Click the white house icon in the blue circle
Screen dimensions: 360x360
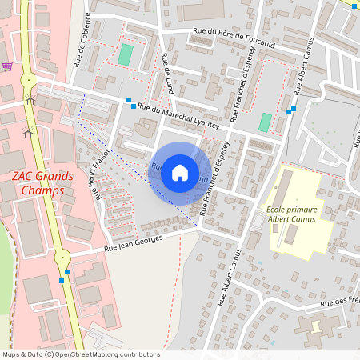point(180,173)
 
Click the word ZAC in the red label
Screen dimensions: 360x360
point(26,177)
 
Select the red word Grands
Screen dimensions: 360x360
point(57,177)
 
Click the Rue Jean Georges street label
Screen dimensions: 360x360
point(134,244)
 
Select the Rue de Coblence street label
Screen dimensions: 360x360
point(82,39)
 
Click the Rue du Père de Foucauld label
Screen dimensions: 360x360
point(233,39)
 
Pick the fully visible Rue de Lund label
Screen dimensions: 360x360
point(166,71)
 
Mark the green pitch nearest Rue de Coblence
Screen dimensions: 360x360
point(126,55)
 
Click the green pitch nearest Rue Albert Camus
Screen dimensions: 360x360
point(265,122)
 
